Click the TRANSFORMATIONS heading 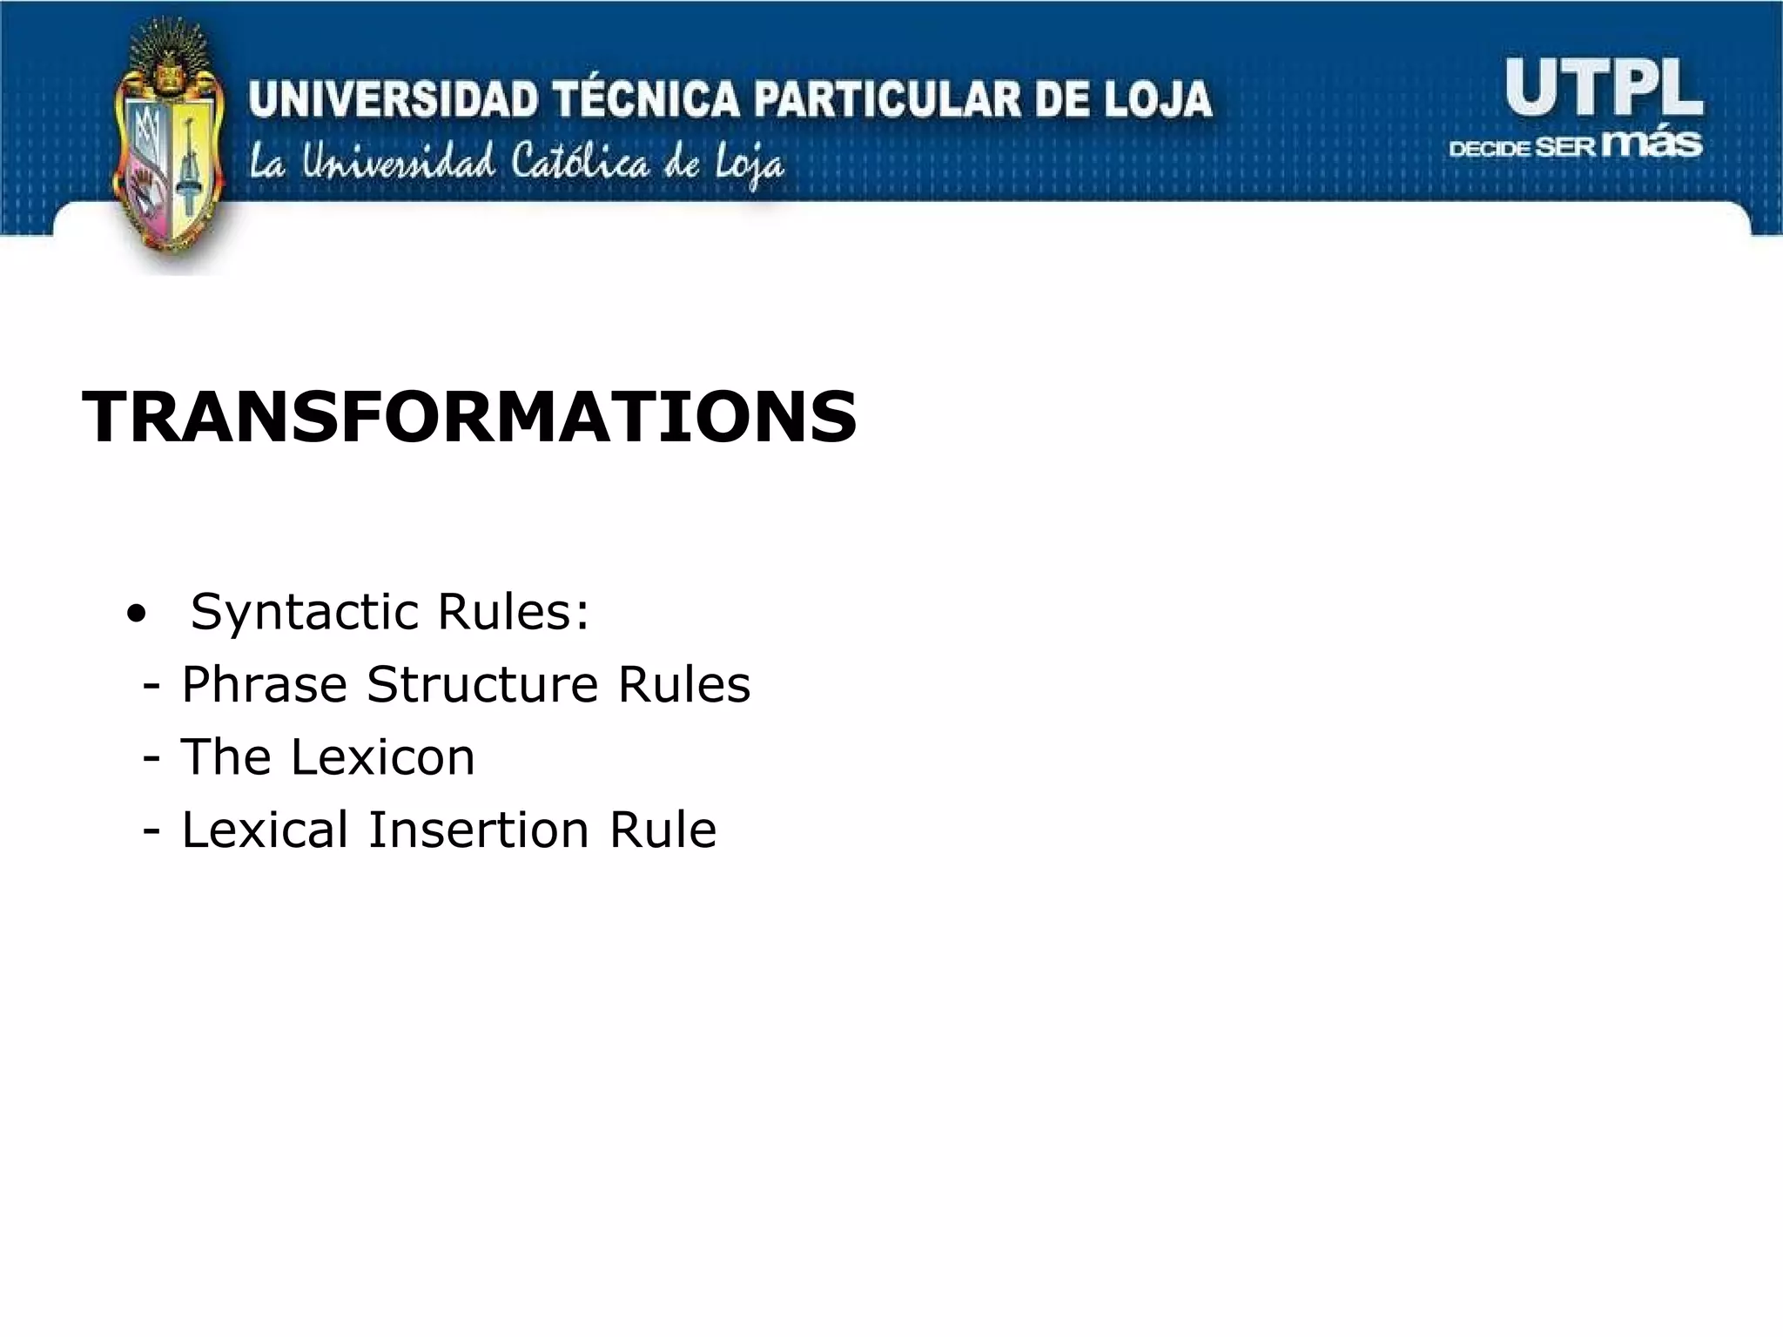[469, 418]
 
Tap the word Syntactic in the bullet [306, 612]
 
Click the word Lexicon [383, 757]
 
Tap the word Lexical [265, 830]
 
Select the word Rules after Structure [683, 685]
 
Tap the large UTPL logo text [1603, 89]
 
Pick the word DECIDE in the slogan [1489, 148]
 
